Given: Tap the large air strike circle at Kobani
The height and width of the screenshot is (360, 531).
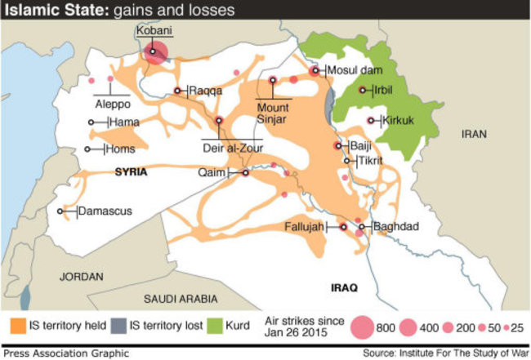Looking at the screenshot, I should [156, 53].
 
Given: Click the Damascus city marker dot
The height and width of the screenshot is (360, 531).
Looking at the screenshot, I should [60, 211].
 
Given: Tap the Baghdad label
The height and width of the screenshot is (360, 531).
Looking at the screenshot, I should [395, 226].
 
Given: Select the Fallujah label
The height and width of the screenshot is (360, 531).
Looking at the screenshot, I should [303, 226].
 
